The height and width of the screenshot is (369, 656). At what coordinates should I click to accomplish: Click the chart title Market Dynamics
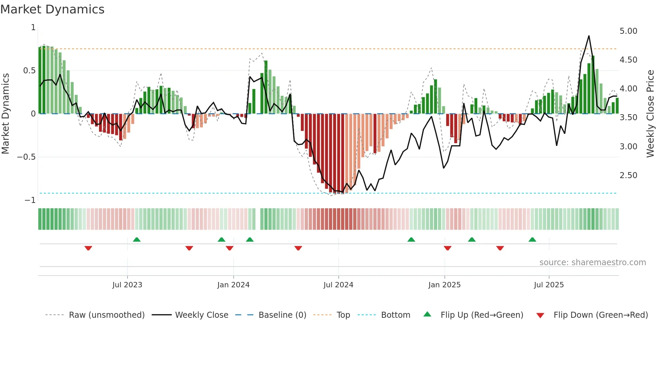(x=52, y=9)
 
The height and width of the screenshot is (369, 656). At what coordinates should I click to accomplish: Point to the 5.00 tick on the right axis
(x=628, y=31)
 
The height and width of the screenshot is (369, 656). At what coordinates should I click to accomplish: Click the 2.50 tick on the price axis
(x=628, y=175)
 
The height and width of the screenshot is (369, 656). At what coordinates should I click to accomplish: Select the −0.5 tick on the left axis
(x=26, y=157)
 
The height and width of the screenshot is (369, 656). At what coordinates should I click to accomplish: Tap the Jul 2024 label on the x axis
(x=338, y=285)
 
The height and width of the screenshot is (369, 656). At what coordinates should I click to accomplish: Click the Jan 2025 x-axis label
(x=444, y=285)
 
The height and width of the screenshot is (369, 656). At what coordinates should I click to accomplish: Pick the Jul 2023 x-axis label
(x=127, y=285)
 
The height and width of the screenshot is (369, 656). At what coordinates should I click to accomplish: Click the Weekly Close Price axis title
(x=650, y=113)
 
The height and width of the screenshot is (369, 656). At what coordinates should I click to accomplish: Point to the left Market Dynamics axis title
(x=5, y=113)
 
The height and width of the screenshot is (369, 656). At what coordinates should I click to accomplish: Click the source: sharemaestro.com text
(x=592, y=262)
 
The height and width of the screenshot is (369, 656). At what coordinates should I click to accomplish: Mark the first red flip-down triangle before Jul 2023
(x=88, y=248)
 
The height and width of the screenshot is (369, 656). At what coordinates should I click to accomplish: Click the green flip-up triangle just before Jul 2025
(x=532, y=239)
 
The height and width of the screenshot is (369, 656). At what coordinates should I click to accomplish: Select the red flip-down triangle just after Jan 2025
(x=447, y=248)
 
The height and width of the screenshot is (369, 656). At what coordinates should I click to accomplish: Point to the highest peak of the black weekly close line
(x=589, y=36)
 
